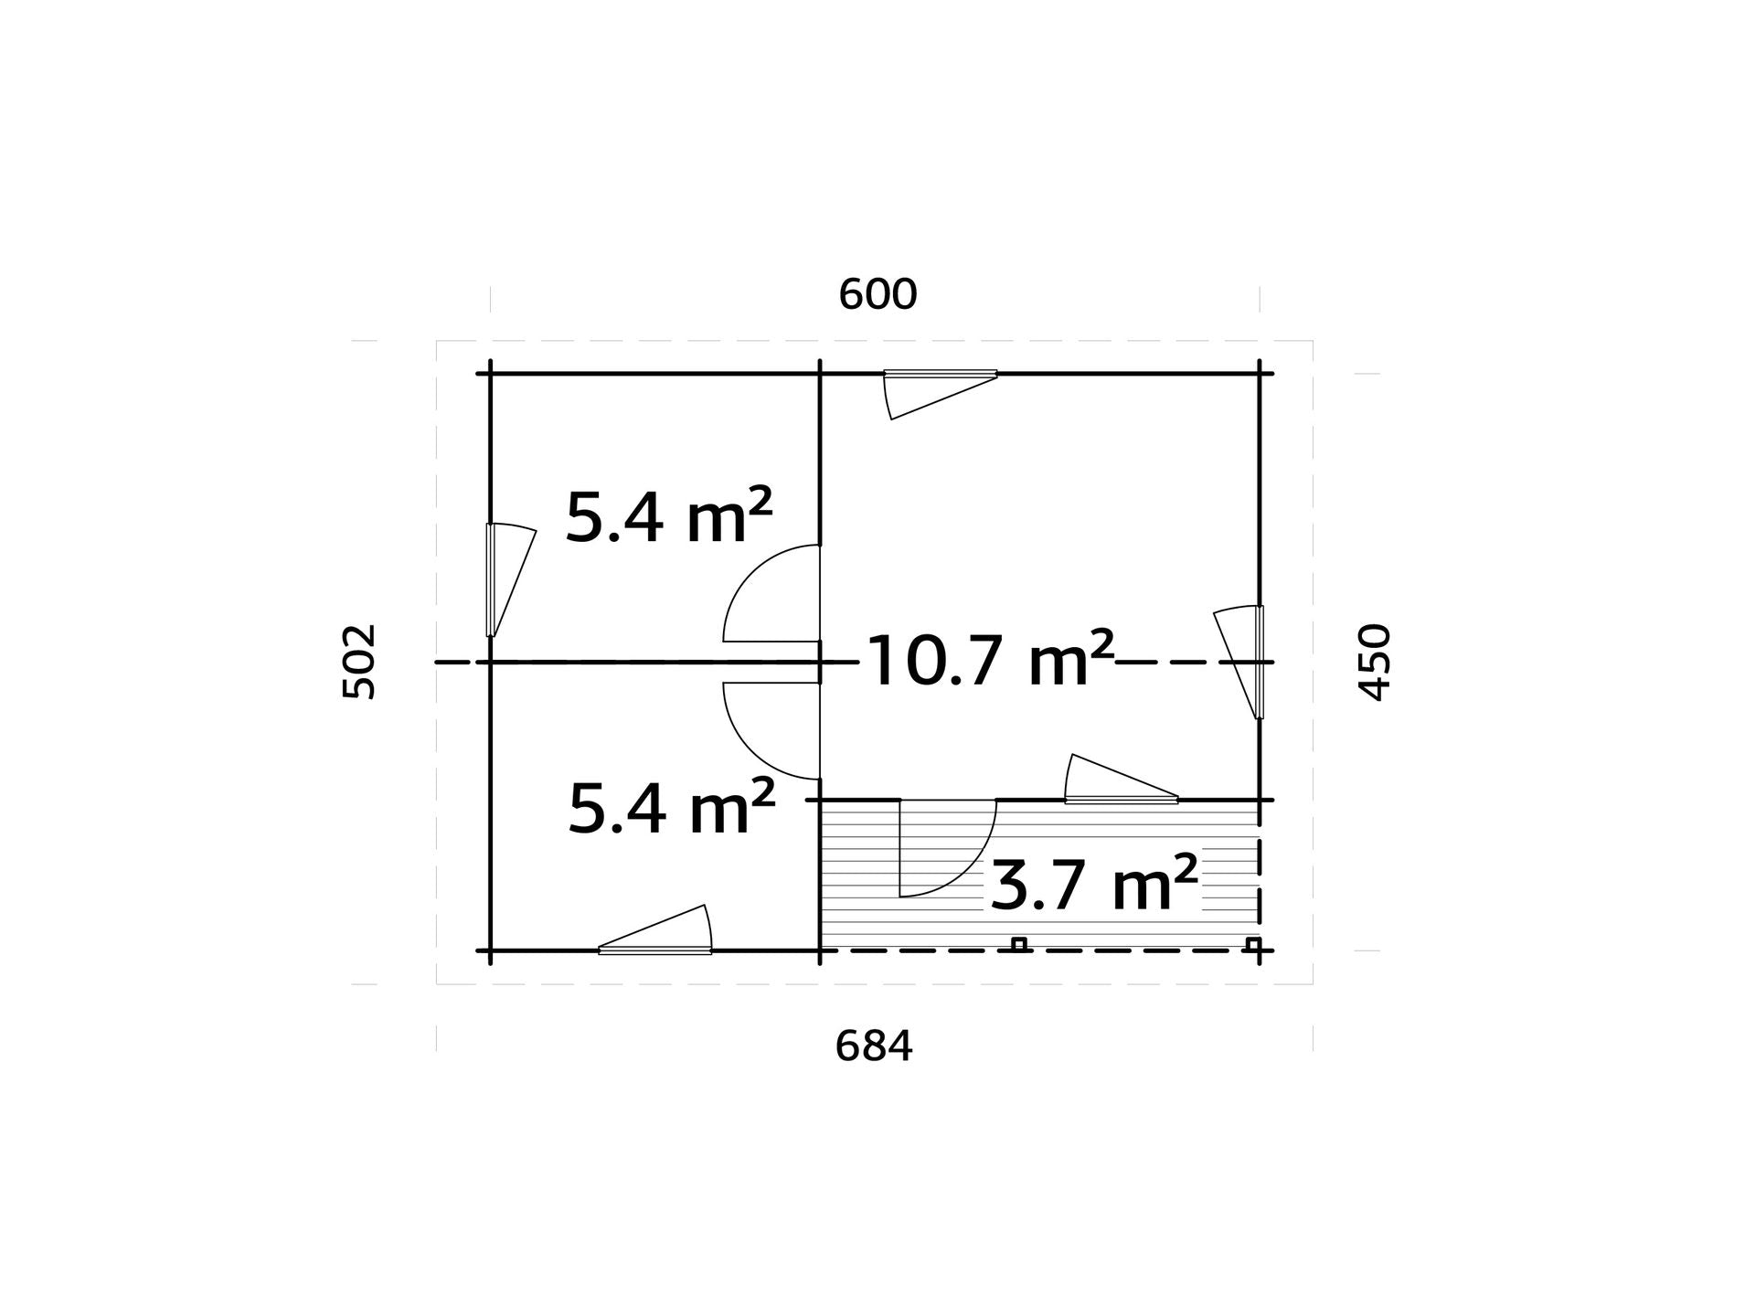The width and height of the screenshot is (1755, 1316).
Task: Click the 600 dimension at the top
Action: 877,294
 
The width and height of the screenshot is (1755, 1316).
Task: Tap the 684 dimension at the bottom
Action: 874,1046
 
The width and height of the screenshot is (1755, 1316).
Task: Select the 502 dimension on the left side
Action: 358,662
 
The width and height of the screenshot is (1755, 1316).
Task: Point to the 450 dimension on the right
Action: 1375,662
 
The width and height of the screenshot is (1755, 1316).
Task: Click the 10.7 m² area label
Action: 990,659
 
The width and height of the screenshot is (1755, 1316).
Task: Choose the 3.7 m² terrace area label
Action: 1093,883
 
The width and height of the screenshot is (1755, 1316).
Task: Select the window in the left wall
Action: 509,579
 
